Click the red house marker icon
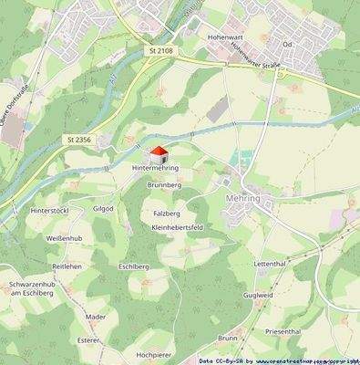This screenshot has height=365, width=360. [159, 154]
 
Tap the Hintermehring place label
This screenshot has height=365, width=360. [155, 169]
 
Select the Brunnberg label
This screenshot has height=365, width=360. [165, 184]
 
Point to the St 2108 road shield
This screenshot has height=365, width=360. [160, 52]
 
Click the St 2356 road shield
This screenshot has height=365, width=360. [79, 139]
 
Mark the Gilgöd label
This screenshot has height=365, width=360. [104, 208]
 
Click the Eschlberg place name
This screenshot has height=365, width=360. [134, 268]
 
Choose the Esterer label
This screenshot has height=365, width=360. [88, 339]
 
